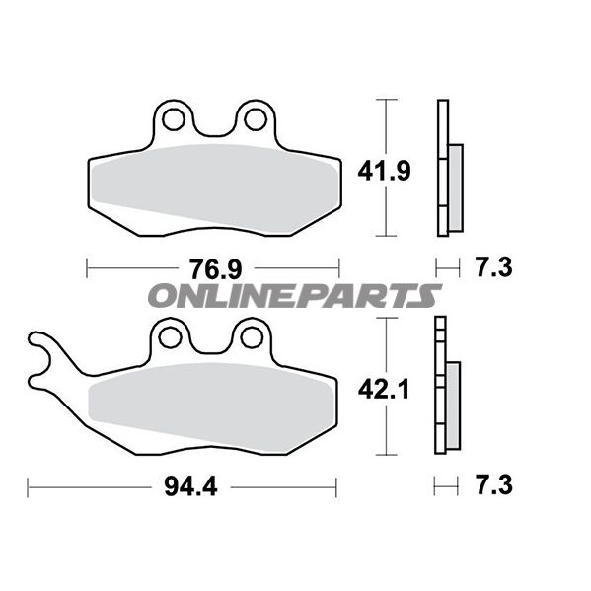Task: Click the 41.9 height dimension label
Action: (384, 172)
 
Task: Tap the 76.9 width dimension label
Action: (216, 269)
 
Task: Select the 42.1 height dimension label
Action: (384, 390)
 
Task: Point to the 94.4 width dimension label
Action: (190, 486)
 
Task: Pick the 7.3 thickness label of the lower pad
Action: (494, 485)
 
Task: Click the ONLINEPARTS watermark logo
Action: (295, 296)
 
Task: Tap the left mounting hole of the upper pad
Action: (174, 119)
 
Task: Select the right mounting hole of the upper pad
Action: (256, 119)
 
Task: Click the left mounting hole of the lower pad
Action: (170, 337)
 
